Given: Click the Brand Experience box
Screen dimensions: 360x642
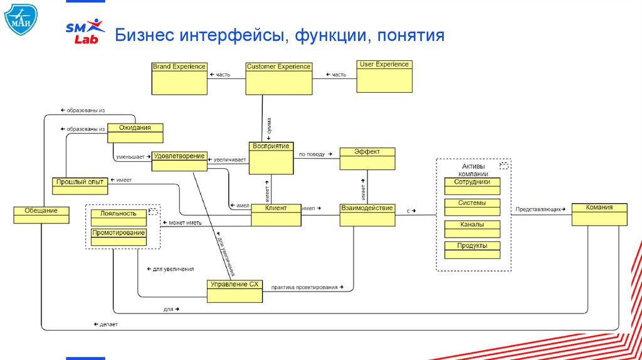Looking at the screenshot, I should (179, 78).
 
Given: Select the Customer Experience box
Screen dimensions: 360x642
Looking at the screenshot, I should (278, 78).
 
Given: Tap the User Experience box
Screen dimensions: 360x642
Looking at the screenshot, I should (384, 76).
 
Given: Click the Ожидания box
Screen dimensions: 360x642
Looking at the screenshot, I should (135, 133).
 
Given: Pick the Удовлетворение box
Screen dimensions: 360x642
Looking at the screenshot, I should (179, 162).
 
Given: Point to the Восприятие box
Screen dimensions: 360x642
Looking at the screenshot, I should (271, 157).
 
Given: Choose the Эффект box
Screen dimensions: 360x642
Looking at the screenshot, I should (367, 159).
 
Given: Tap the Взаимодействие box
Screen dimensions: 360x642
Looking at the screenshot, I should (367, 214).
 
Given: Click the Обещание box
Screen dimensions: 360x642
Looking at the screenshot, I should (41, 214).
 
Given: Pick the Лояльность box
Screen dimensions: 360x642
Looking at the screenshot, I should (118, 217).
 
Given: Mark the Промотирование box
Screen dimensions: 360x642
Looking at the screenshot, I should (118, 237).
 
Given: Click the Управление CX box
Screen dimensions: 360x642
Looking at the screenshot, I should (234, 291).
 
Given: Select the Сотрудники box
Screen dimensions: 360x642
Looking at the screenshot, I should (472, 186).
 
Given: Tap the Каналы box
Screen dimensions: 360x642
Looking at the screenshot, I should (472, 228).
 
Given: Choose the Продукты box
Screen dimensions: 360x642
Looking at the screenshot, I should (472, 250).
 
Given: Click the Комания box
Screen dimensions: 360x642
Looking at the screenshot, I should (599, 214).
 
